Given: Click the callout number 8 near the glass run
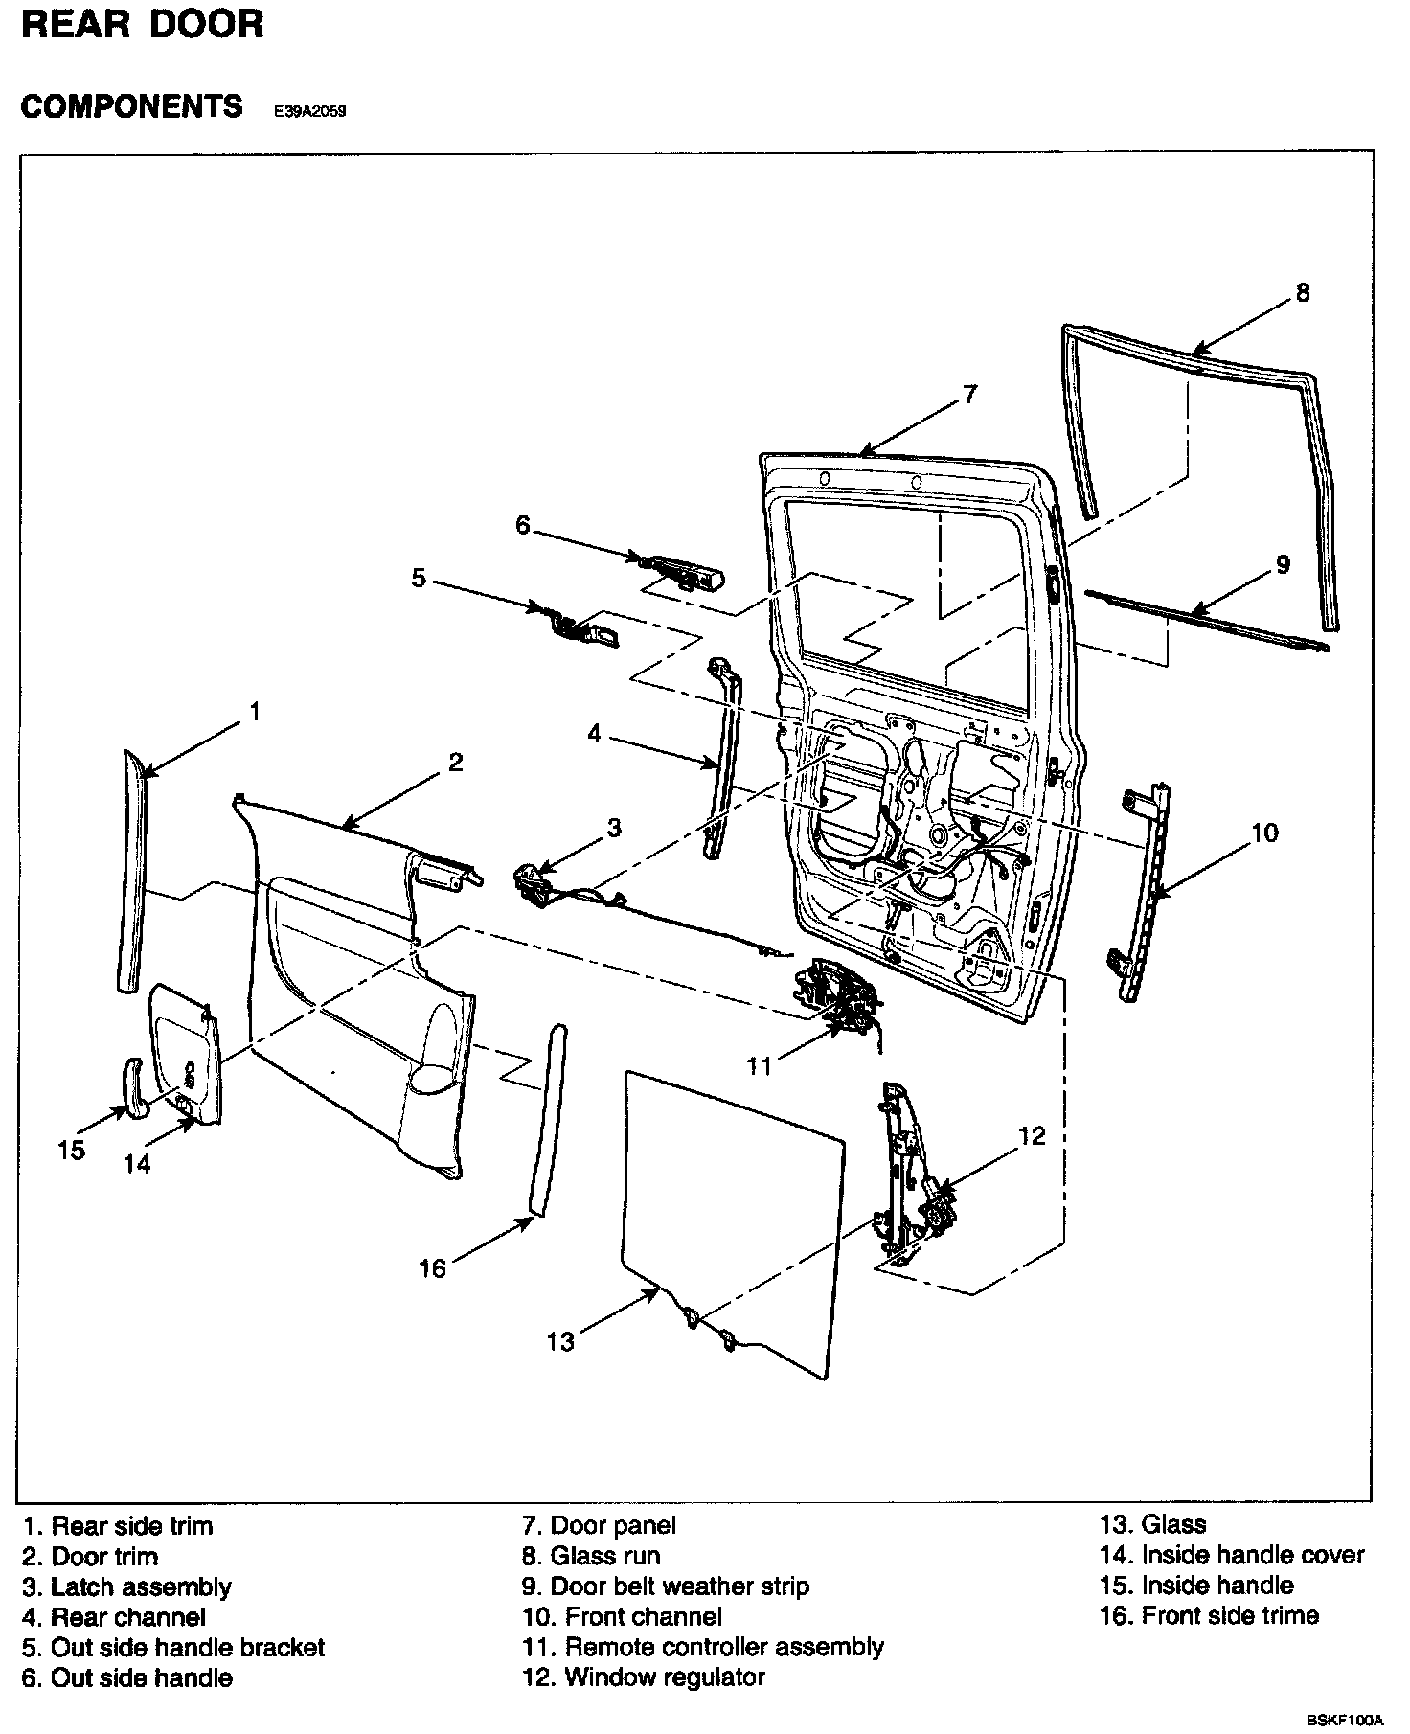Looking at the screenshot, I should [x=1302, y=292].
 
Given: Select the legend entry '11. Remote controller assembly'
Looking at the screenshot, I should [x=703, y=1647].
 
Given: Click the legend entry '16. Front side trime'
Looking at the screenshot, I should [x=1210, y=1616].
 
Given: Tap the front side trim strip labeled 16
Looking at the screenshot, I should [x=546, y=1121].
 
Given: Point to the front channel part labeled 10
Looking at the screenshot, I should [x=1143, y=891].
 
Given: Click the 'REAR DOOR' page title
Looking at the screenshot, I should [x=142, y=25].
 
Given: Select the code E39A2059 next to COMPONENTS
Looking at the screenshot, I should [x=309, y=111].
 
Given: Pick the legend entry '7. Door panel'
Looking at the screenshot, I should [x=600, y=1524].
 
